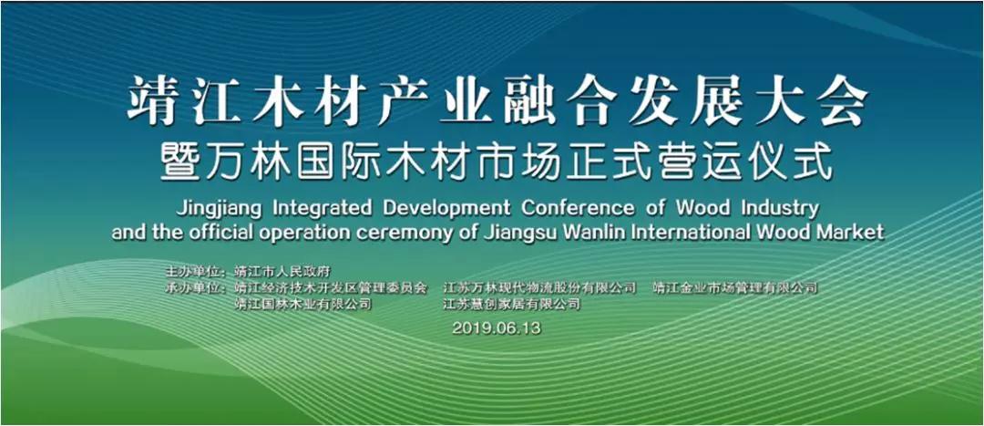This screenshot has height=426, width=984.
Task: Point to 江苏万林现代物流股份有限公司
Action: click(539, 288)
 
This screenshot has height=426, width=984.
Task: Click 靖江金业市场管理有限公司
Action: click(735, 288)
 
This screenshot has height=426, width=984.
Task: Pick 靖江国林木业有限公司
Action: click(302, 305)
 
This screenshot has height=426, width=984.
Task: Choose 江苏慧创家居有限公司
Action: click(512, 305)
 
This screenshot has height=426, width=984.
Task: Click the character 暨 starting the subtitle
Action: click(180, 162)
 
